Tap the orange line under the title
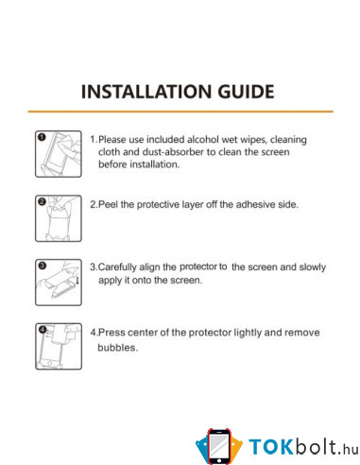click(180, 112)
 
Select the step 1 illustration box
click(59, 154)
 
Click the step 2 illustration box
click(59, 218)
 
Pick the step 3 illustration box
click(59, 283)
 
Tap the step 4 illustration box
click(59, 346)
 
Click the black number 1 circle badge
click(42, 137)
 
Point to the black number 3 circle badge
click(43, 266)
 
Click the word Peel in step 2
click(108, 204)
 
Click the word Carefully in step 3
click(117, 267)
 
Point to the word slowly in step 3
click(313, 267)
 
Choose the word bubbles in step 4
click(117, 348)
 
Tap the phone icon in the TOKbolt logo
click(219, 446)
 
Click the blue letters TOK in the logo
click(271, 447)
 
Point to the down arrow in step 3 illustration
click(77, 280)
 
